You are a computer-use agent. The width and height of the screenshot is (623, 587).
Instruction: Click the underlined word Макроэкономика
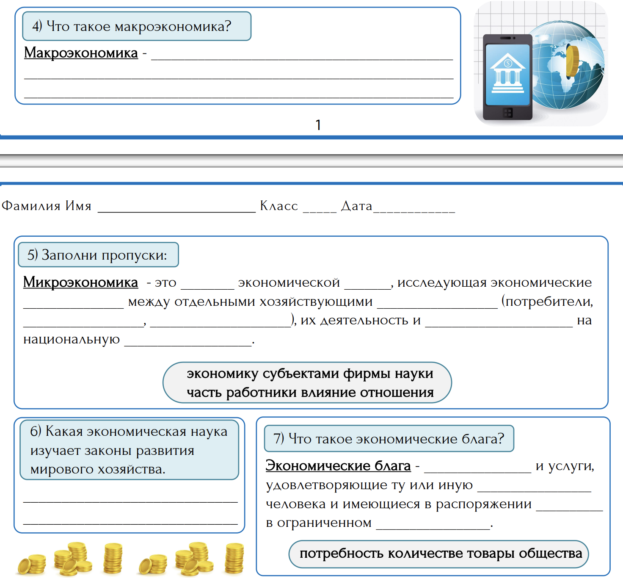[81, 53]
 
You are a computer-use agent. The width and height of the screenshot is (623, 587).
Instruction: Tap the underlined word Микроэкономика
[80, 282]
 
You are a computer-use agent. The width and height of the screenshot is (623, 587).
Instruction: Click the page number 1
[318, 125]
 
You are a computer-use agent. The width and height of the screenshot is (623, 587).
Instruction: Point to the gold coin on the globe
[572, 62]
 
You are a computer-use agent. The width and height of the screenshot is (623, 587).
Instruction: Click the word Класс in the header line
[279, 206]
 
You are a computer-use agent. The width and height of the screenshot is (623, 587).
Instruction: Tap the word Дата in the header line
[357, 206]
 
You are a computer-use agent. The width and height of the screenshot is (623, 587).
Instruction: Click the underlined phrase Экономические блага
[338, 466]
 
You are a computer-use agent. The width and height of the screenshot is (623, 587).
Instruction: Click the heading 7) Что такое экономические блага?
[389, 439]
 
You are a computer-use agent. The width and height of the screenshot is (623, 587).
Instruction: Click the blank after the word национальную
[188, 341]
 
